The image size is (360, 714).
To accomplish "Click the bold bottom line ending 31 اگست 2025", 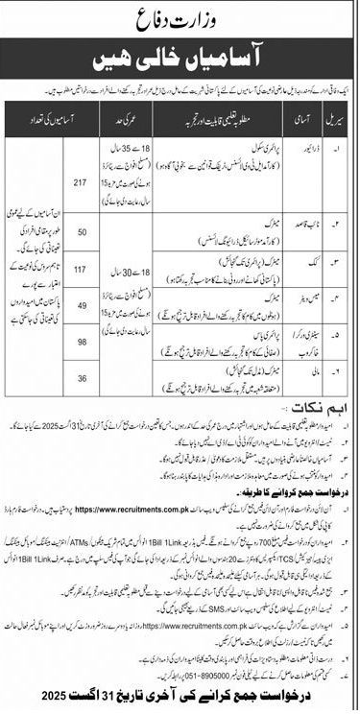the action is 180,698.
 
